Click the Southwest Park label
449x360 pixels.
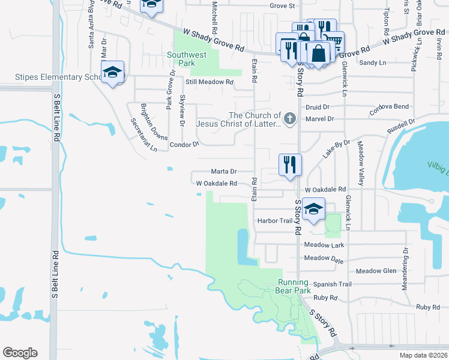(187, 59)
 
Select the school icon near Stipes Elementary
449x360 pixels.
(112, 73)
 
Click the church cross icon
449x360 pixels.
(290, 118)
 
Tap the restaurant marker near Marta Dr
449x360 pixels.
(289, 165)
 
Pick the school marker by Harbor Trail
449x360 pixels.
(313, 209)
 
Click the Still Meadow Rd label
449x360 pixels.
(209, 82)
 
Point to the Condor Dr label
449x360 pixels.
(184, 145)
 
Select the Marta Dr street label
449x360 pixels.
(223, 171)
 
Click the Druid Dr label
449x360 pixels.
(318, 107)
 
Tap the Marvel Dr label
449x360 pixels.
(319, 119)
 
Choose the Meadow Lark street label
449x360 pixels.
(324, 245)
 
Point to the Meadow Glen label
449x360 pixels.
(376, 271)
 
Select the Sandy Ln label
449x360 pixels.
(372, 62)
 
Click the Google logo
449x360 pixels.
(20, 353)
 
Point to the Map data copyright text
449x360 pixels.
(423, 355)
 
